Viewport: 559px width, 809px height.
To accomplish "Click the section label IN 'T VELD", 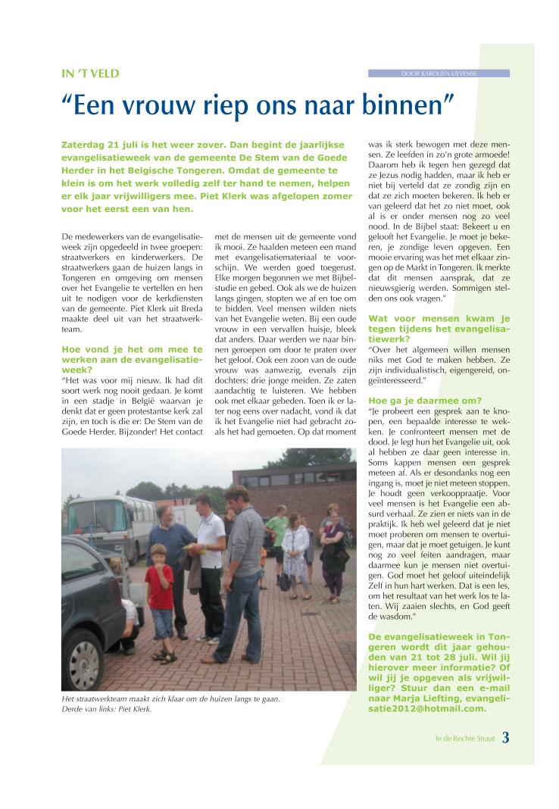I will [90, 73].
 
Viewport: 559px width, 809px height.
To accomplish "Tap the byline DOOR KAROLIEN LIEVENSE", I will [439, 73].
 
